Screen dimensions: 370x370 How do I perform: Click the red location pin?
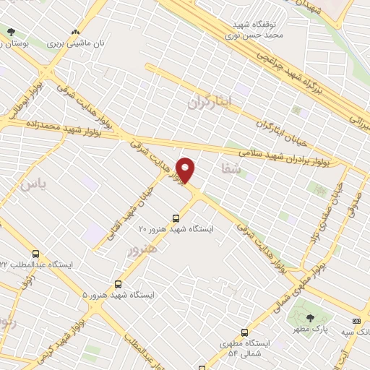pos(186,170)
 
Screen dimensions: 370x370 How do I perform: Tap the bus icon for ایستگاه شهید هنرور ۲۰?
pos(176,218)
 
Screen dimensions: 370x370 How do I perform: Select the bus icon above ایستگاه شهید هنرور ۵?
pos(118,285)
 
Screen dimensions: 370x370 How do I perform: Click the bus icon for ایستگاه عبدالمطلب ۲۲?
pos(36,254)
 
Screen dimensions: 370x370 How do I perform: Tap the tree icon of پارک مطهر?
pos(310,318)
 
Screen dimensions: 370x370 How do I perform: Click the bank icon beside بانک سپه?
pos(356,320)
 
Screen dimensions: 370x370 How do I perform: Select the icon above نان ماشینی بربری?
pos(75,33)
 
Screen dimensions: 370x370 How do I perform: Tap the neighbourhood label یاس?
pos(33,184)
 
